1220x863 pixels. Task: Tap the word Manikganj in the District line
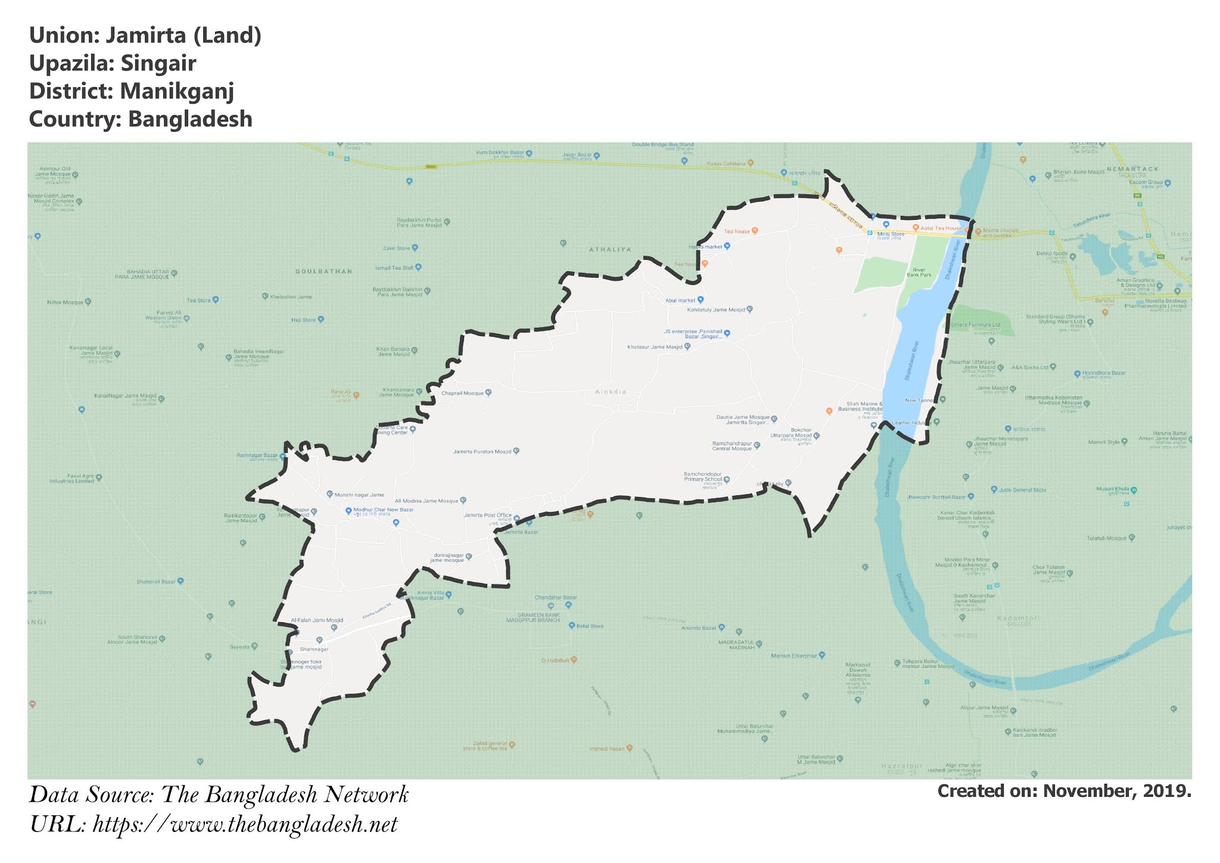[x=176, y=91]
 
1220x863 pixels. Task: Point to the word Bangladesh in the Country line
[x=190, y=119]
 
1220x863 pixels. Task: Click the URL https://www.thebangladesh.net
[x=245, y=825]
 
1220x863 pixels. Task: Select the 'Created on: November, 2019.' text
[x=1064, y=791]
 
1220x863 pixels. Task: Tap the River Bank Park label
[x=919, y=272]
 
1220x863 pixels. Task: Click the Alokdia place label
[x=611, y=392]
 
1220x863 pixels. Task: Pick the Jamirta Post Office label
[x=487, y=516]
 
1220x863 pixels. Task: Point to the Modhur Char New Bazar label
[x=383, y=510]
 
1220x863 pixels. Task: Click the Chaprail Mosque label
[x=462, y=393]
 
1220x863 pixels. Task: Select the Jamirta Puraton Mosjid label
[x=482, y=452]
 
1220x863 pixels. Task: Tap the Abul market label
[x=680, y=300]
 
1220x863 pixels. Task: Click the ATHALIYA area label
[x=609, y=250]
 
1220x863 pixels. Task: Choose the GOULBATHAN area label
[x=323, y=271]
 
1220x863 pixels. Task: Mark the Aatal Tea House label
[x=941, y=228]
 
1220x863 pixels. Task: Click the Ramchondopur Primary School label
[x=703, y=477]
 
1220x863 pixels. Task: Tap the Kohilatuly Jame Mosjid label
[x=715, y=310]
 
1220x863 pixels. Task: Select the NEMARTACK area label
[x=1132, y=169]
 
